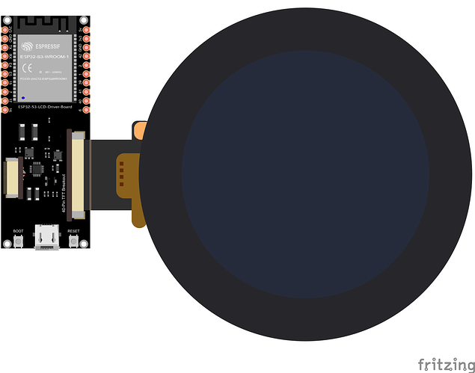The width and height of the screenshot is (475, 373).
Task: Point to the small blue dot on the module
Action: point(23,98)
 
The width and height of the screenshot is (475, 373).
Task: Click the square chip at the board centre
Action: point(36,170)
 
